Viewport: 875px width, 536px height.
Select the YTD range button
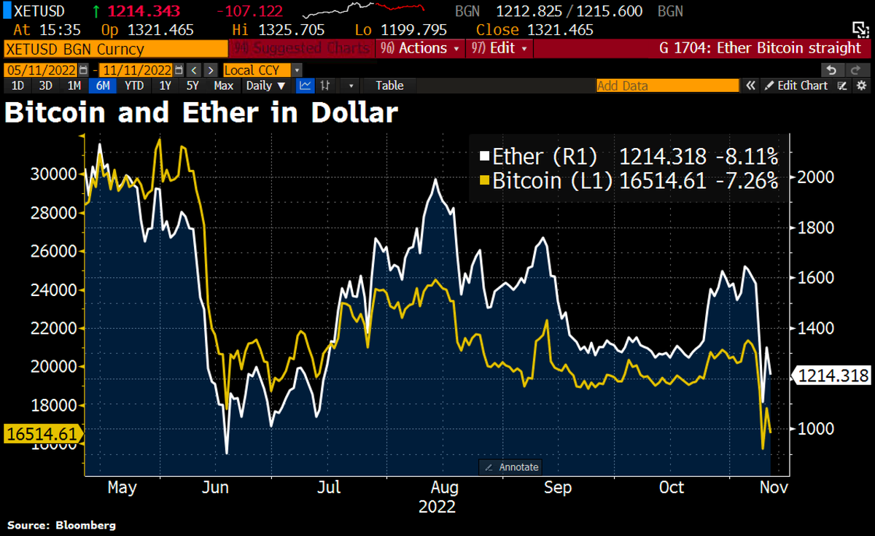(x=133, y=85)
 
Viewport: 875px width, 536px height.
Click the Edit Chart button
(x=796, y=85)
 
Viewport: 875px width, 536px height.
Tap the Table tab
(x=389, y=85)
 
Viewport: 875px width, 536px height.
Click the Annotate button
(x=511, y=467)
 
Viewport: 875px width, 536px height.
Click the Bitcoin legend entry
(x=543, y=181)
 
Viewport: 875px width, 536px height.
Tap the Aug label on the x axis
(x=443, y=486)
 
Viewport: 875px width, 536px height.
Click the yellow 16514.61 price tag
(x=42, y=435)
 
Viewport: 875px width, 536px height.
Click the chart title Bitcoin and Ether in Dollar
(x=202, y=114)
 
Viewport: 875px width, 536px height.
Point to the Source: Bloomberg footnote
(x=62, y=525)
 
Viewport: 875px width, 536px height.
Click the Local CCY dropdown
(x=261, y=70)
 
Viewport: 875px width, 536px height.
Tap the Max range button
(x=224, y=85)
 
